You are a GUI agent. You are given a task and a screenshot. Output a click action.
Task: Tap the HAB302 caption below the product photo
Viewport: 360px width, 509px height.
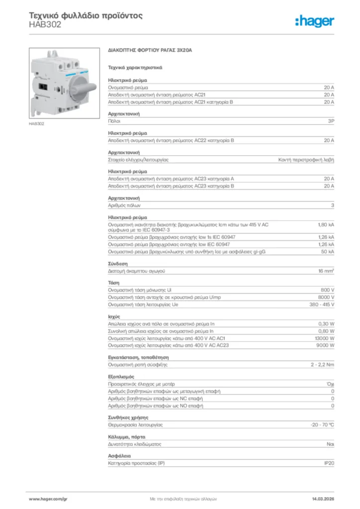[37, 123]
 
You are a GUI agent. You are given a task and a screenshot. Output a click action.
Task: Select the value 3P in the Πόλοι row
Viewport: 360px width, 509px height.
[331, 121]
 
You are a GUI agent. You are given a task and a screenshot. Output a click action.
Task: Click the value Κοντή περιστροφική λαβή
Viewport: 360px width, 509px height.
[306, 160]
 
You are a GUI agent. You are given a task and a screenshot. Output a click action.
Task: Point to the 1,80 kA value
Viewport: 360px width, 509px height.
[326, 225]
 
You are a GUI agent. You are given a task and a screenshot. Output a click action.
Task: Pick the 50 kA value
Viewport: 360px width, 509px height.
[328, 252]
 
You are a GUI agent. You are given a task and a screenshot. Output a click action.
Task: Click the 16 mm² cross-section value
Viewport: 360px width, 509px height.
[326, 271]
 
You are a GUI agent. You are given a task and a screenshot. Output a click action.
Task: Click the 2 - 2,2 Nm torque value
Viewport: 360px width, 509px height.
[322, 364]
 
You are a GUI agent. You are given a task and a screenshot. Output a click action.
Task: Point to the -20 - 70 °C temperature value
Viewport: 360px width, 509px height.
[322, 425]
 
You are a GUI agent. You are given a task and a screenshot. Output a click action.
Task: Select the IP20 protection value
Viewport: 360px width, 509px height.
[329, 463]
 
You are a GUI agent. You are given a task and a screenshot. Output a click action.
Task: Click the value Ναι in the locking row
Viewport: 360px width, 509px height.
[330, 444]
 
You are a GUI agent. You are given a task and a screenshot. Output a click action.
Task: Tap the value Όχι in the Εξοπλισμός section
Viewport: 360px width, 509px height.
[330, 384]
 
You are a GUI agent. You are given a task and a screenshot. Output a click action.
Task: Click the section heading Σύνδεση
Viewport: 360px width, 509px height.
[118, 263]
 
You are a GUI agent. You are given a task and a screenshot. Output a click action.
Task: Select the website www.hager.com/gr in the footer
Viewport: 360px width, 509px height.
[48, 498]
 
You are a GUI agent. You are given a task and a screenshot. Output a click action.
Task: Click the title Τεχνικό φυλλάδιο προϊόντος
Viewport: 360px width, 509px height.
[86, 15]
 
